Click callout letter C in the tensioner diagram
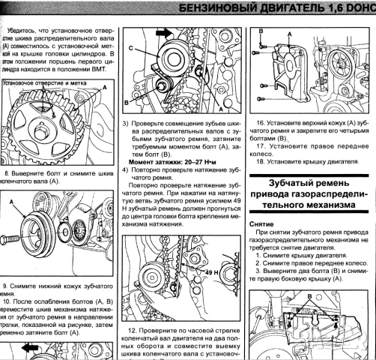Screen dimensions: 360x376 click(133, 49)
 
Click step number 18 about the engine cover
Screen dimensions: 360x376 click(261, 160)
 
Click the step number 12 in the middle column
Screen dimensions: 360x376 click(132, 331)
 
